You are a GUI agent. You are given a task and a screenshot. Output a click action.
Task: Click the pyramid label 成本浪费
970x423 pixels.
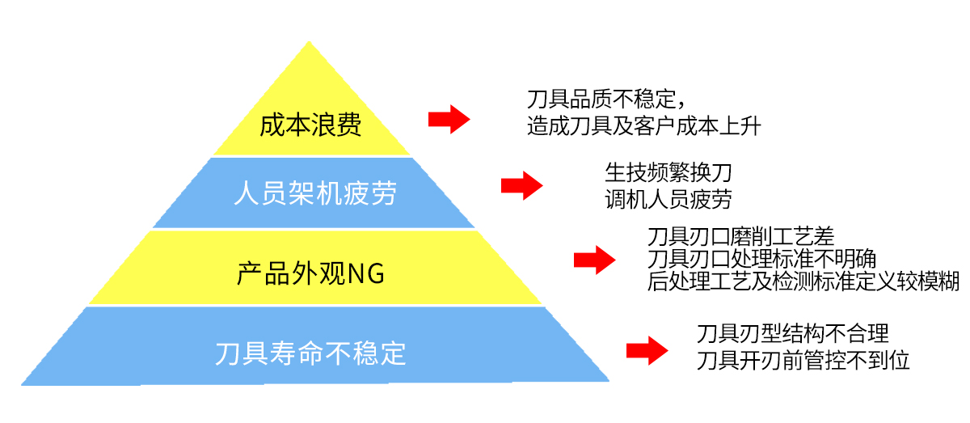tap(310, 125)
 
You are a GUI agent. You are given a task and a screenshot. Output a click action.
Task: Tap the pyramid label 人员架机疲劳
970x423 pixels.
tap(314, 193)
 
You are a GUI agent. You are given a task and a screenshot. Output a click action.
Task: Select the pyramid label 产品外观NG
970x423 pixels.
tap(310, 273)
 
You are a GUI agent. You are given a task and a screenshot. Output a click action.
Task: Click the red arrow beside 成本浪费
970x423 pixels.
tap(449, 119)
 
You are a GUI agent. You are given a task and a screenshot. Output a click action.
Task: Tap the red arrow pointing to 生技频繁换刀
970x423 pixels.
tap(521, 185)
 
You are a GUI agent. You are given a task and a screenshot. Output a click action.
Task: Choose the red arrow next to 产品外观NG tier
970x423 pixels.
tap(594, 260)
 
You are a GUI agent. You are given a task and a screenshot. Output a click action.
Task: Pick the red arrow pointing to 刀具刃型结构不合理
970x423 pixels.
tap(647, 350)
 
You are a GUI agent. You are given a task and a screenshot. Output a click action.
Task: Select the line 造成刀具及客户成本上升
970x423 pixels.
tap(643, 125)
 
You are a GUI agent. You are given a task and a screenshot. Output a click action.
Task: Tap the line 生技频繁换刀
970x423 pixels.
tap(668, 172)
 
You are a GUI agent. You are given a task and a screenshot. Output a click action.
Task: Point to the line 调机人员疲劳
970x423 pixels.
tap(668, 197)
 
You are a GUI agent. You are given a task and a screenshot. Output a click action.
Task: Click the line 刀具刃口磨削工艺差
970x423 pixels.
tap(740, 236)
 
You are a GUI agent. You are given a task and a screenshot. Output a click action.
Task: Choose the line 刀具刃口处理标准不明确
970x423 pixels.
tap(762, 259)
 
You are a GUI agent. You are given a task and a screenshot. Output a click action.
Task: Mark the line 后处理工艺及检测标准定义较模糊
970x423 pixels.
tap(803, 281)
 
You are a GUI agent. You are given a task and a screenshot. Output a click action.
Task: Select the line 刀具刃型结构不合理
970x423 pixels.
tap(792, 332)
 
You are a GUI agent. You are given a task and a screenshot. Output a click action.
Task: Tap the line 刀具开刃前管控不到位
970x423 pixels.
tap(803, 359)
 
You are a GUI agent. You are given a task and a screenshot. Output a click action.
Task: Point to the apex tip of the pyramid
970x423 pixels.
tap(310, 42)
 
